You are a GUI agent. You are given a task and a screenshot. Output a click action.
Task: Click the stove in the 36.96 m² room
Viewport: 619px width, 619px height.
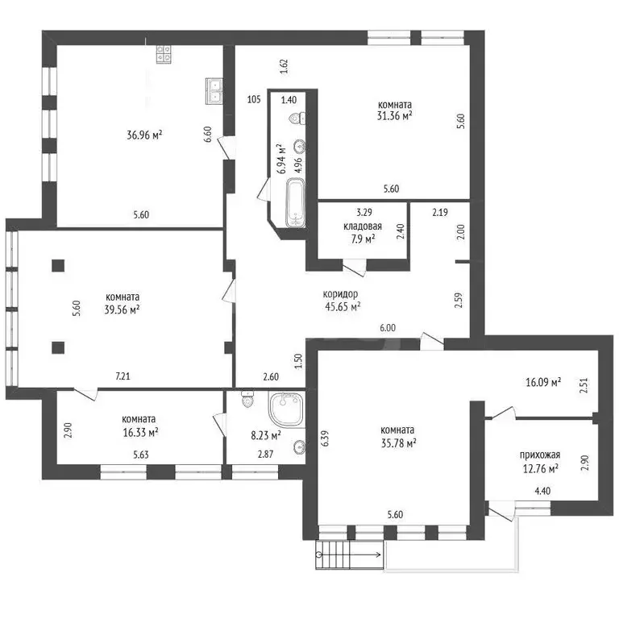pyautogui.click(x=164, y=54)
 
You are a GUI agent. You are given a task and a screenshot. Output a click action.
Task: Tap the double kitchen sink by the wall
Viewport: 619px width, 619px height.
pyautogui.click(x=214, y=91)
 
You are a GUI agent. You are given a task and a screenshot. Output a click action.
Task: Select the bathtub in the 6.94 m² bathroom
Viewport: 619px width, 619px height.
pyautogui.click(x=295, y=202)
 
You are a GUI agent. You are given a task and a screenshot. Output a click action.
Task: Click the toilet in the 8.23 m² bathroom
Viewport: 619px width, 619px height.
pyautogui.click(x=247, y=399)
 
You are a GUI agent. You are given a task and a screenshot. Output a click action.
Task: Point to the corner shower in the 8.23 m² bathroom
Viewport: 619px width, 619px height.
pyautogui.click(x=286, y=409)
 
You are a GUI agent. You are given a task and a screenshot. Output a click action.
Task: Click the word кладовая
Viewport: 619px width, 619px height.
pyautogui.click(x=363, y=226)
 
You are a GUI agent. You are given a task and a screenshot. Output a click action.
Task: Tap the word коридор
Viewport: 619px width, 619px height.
pyautogui.click(x=340, y=294)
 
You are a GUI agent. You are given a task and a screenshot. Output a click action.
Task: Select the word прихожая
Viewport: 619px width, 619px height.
pyautogui.click(x=540, y=455)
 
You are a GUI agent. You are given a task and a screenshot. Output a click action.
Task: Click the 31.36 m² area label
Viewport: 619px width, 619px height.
pyautogui.click(x=395, y=116)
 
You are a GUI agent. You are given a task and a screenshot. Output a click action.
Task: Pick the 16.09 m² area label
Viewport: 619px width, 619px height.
pyautogui.click(x=543, y=382)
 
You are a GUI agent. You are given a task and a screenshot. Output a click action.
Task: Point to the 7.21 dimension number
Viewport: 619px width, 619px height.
pyautogui.click(x=123, y=376)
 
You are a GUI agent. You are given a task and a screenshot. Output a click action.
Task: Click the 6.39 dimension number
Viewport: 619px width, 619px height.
pyautogui.click(x=325, y=438)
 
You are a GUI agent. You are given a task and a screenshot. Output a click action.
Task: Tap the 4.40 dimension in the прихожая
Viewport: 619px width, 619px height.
pyautogui.click(x=542, y=491)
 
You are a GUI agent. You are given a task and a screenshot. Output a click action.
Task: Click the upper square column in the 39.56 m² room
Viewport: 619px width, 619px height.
pyautogui.click(x=58, y=265)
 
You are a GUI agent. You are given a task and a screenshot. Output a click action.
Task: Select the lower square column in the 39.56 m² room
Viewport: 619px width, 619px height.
pyautogui.click(x=58, y=347)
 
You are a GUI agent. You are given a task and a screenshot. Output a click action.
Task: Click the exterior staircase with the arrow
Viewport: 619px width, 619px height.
pyautogui.click(x=349, y=555)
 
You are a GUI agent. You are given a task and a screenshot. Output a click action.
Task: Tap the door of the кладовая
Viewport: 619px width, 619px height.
pyautogui.click(x=355, y=268)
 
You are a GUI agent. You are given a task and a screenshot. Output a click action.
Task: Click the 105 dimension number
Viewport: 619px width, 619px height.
pyautogui.click(x=254, y=99)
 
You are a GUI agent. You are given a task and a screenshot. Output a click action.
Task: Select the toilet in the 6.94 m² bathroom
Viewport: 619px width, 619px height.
pyautogui.click(x=297, y=118)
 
